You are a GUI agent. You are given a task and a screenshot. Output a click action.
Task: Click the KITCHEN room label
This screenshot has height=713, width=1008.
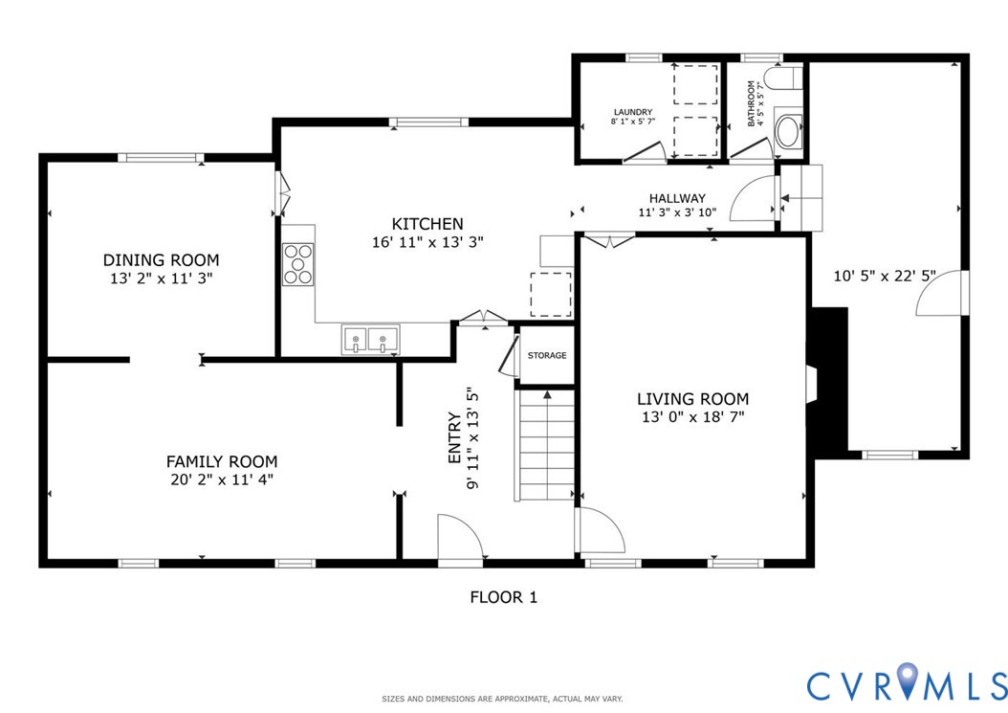coord(427,224)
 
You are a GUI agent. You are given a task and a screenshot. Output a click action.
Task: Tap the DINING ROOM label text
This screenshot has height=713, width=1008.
coord(161,259)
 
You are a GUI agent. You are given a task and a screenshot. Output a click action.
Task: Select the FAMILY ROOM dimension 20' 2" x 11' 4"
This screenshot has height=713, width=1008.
coord(221,479)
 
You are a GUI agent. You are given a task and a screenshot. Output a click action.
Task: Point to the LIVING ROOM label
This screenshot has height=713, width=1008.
coord(693,398)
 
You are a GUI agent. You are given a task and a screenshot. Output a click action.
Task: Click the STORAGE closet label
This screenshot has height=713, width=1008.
coord(547,356)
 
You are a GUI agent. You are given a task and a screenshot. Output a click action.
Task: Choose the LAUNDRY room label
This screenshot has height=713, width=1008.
coord(633,111)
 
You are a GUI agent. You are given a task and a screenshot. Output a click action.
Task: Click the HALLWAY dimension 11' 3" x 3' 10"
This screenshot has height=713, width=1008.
coord(677,212)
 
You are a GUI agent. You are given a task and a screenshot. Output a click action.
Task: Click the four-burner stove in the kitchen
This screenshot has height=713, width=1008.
coord(297,264)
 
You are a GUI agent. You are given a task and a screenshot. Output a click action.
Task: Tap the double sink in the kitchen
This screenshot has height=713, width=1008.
coord(370,339)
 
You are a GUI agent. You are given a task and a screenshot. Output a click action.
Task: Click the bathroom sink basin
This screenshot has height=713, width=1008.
coord(788,132)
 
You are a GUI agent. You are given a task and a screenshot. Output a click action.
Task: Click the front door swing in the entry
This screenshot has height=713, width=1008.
coord(459,537)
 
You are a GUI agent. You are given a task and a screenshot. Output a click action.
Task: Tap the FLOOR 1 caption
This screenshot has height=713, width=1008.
coord(503,597)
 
